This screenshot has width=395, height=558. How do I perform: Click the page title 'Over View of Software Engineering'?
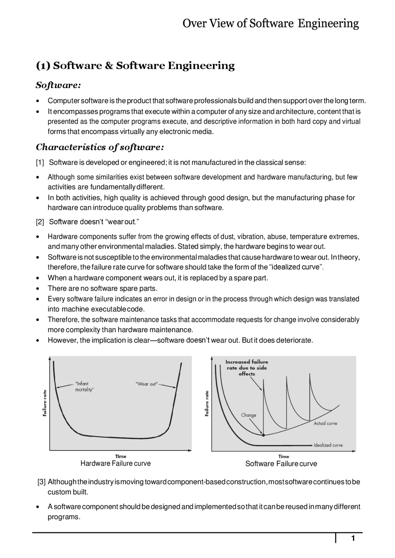tap(270, 23)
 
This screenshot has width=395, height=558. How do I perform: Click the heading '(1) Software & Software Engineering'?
tap(135, 66)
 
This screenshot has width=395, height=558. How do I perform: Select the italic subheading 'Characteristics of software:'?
tap(100, 147)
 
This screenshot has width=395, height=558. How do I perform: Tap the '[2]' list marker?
tap(40, 222)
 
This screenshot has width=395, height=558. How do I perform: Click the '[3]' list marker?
tap(42, 482)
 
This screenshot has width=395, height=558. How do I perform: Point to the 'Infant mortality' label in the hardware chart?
tap(83, 386)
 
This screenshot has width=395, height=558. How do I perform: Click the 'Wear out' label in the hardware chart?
tap(146, 384)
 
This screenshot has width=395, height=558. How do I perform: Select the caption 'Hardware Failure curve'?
tap(115, 463)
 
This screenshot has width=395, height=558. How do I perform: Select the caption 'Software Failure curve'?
tap(281, 464)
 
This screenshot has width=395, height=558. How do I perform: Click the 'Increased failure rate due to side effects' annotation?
tap(247, 368)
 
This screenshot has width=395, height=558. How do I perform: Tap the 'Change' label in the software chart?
tap(248, 415)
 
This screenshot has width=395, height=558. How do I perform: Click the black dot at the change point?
tap(263, 435)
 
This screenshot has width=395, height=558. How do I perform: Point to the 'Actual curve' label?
tap(325, 424)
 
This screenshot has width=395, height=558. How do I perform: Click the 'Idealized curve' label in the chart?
tap(328, 445)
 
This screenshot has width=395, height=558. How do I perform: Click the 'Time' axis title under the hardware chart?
tap(121, 456)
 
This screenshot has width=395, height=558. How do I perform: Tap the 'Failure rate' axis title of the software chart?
tap(207, 403)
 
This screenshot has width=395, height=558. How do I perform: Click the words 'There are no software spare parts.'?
tap(102, 288)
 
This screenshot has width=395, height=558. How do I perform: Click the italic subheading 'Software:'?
tap(58, 85)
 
